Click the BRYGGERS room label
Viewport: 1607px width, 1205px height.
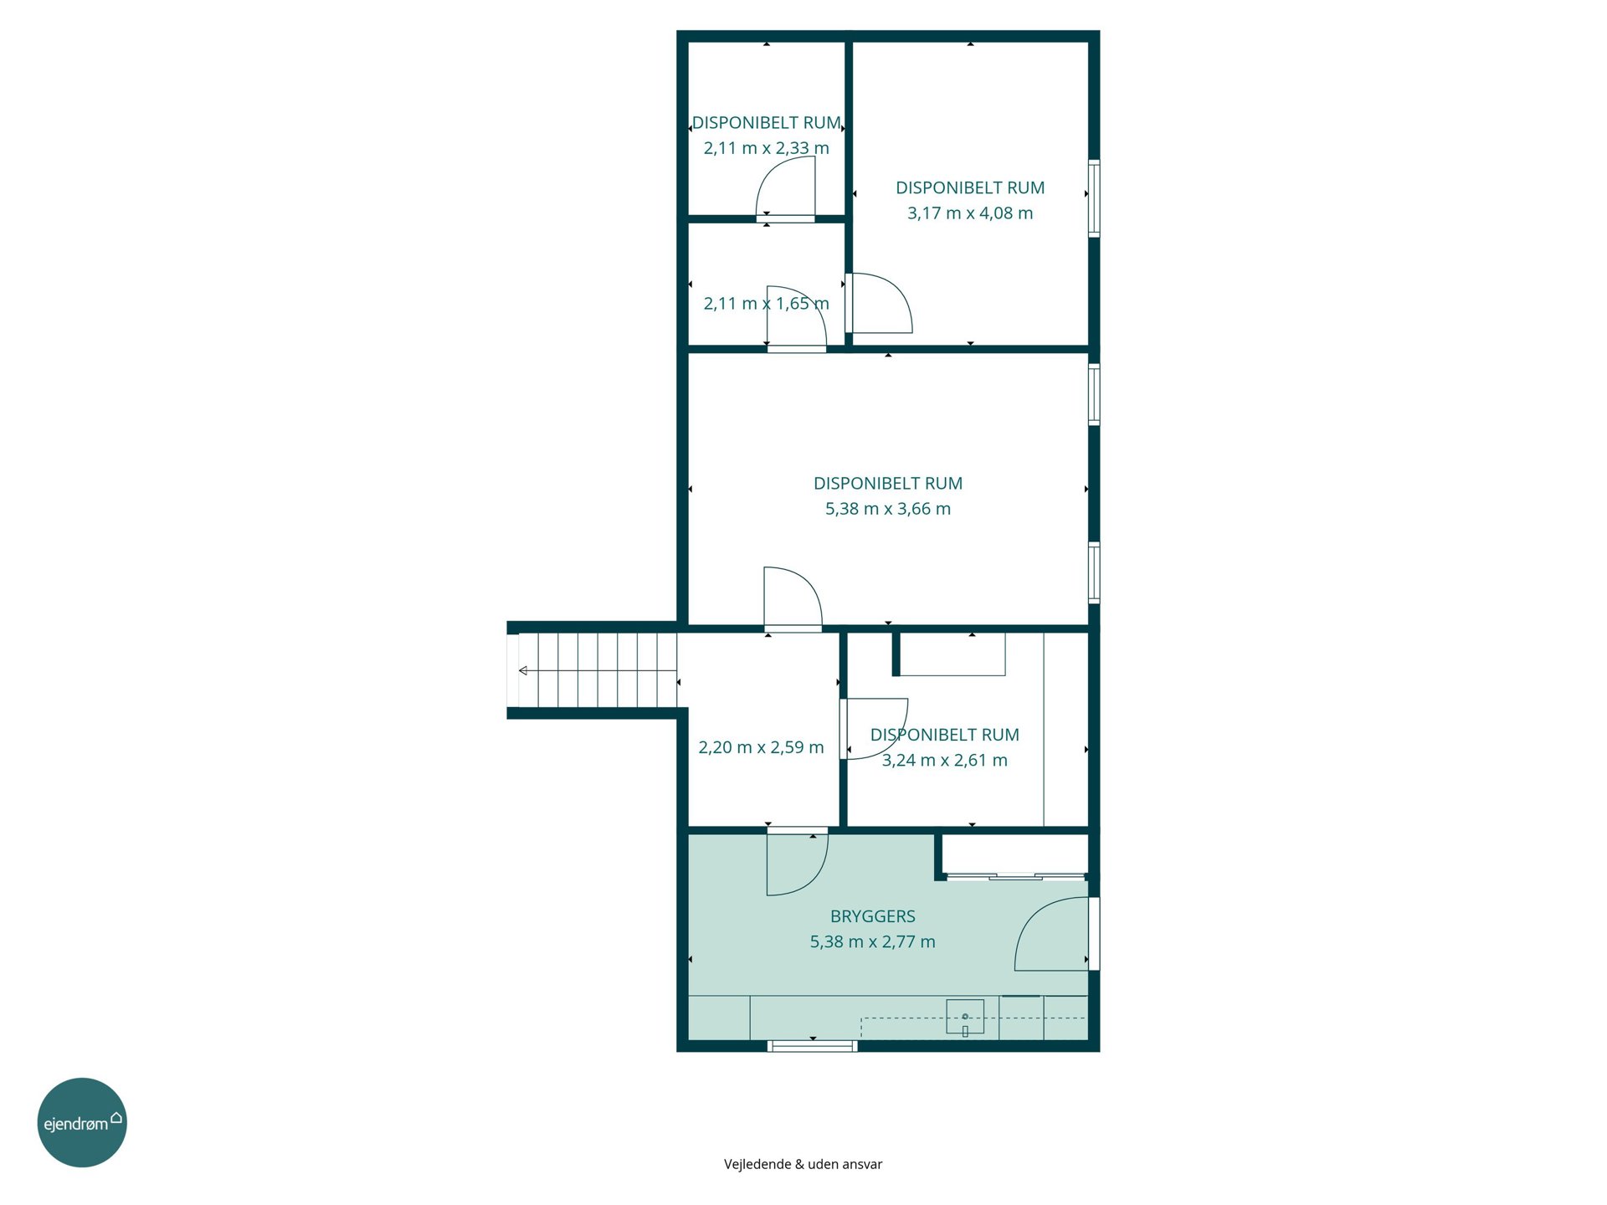coord(872,916)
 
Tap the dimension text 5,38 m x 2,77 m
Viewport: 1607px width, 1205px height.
coord(872,941)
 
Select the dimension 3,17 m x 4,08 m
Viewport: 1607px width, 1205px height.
coord(970,213)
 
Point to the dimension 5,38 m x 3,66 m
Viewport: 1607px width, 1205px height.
coord(888,509)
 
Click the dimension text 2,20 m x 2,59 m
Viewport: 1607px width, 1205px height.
coord(761,747)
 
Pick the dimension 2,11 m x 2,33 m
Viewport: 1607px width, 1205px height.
coord(766,148)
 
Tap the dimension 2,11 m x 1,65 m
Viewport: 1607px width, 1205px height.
coord(766,304)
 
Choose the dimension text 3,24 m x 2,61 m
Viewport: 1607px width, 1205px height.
coord(945,761)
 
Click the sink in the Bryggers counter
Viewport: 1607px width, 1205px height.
coord(965,1018)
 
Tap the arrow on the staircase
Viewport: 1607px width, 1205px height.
coord(598,670)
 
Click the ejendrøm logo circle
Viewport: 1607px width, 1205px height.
coord(82,1122)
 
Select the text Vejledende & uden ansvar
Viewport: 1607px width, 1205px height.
coord(803,1164)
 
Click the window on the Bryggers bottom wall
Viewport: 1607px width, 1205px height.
coord(813,1045)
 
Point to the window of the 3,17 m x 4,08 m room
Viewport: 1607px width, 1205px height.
coord(1094,198)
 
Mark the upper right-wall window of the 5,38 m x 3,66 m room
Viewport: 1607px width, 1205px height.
coord(1094,394)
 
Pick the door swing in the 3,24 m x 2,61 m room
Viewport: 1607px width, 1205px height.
coord(875,729)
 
